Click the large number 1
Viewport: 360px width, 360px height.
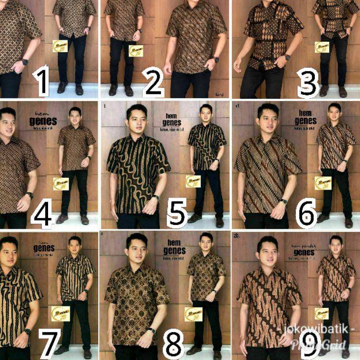click(x=43, y=82)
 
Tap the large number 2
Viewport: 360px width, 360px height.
click(x=153, y=82)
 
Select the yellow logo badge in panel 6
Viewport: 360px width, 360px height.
click(x=323, y=183)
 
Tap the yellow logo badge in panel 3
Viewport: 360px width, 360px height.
click(x=322, y=47)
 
